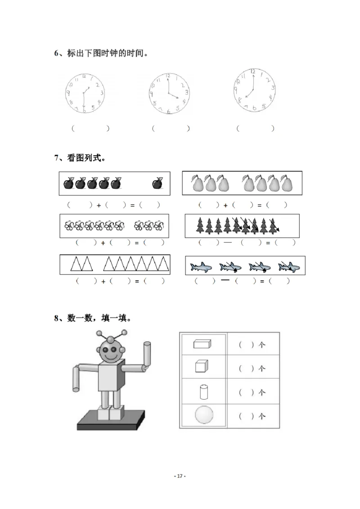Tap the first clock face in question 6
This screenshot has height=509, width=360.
(84, 93)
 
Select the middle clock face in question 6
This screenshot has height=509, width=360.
(169, 93)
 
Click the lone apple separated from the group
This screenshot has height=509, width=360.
(157, 183)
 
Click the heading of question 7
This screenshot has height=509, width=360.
(80, 158)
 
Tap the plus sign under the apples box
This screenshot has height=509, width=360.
(99, 205)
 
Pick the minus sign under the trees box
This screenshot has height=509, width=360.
(228, 242)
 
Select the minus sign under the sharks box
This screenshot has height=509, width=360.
(225, 280)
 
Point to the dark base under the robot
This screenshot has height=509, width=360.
(112, 420)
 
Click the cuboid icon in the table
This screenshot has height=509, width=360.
(202, 344)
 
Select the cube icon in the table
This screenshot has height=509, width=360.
(201, 366)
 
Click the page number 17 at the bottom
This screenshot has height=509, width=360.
(180, 476)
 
